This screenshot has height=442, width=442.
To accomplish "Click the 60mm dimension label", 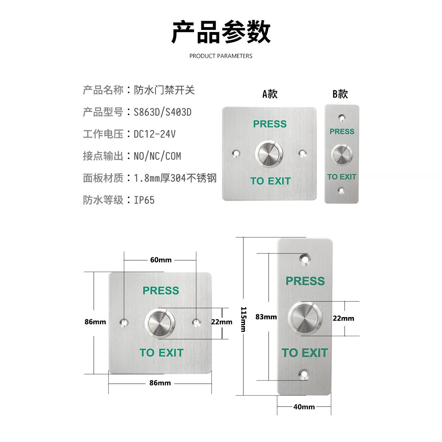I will [161, 260].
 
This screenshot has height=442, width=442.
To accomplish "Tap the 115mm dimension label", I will [243, 319].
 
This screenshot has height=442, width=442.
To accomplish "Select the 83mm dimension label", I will [266, 317].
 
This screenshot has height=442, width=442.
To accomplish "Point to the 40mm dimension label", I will [304, 407].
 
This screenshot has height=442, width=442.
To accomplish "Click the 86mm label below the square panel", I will [160, 383].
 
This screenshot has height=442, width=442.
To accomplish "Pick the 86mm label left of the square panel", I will [95, 322].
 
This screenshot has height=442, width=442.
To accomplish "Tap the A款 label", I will [270, 94].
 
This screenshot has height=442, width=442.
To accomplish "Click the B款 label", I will [340, 94].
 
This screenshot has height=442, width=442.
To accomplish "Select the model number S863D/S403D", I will [163, 112].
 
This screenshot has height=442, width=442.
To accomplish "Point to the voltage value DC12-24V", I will [154, 134].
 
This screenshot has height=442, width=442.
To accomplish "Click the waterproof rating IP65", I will [144, 200].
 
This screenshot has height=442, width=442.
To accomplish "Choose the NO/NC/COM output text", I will [157, 156].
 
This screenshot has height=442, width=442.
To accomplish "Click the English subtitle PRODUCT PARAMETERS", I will [221, 56].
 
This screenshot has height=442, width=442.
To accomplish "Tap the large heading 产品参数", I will [221, 32].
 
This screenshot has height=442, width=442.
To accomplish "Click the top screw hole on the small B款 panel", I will [341, 117].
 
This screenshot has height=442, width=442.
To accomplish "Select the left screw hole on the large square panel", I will [124, 322].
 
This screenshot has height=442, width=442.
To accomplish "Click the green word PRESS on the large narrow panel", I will [305, 281].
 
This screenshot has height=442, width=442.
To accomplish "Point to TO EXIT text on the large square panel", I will [162, 353].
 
